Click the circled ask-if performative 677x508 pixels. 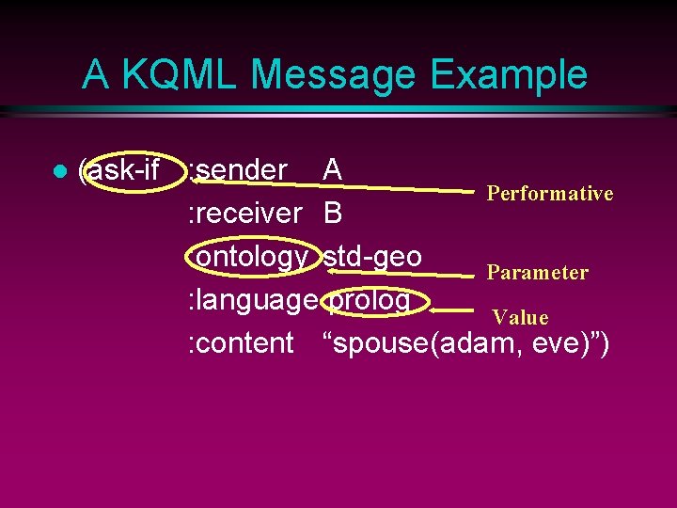(x=123, y=171)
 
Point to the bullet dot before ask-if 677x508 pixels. (x=58, y=172)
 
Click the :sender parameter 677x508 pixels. (x=237, y=170)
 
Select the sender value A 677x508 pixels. (x=332, y=170)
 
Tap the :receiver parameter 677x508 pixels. (x=244, y=214)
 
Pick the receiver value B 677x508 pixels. (x=332, y=214)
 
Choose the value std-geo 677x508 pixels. (x=372, y=256)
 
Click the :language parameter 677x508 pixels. (x=252, y=300)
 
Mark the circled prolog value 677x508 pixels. (x=370, y=300)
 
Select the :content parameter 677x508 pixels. (x=241, y=343)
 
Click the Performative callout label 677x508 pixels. (x=549, y=194)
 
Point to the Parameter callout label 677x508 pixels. (x=537, y=273)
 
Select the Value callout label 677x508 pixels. (x=520, y=318)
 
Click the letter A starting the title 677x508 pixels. (x=94, y=74)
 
